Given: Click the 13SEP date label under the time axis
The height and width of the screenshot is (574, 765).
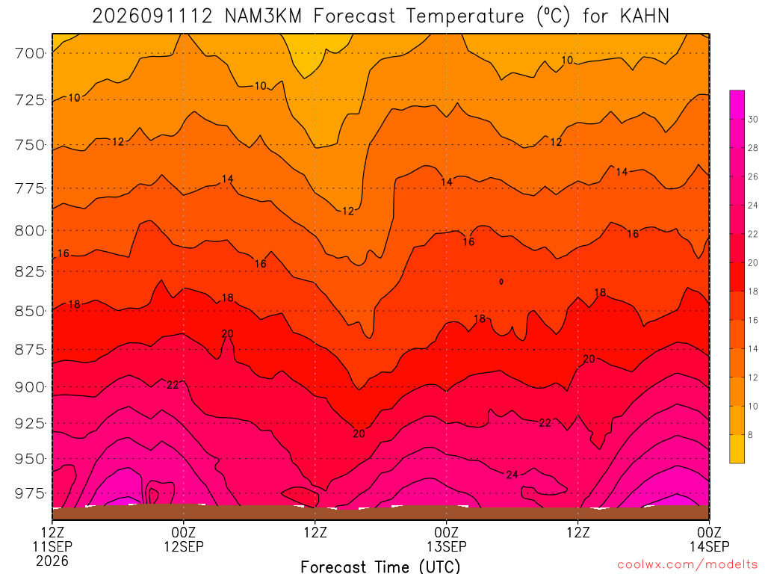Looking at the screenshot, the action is [x=447, y=546].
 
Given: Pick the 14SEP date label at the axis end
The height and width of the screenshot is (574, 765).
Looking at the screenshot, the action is [x=709, y=546].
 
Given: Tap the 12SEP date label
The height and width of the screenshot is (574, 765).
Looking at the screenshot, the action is [x=184, y=546].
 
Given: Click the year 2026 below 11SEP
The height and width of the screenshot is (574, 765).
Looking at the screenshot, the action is [x=52, y=561].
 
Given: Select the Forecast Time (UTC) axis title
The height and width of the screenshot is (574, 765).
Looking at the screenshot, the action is [x=380, y=567].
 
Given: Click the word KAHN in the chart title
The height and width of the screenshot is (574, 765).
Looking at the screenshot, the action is [x=645, y=16].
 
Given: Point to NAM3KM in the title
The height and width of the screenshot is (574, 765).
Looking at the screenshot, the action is [x=263, y=16].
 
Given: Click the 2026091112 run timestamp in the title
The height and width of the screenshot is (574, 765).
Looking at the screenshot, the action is [x=152, y=16].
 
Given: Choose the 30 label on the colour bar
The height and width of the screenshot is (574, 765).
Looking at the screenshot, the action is [x=753, y=119].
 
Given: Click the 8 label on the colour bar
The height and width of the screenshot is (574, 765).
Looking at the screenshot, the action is [x=750, y=434].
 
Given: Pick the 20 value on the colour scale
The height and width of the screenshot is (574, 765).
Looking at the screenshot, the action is [x=753, y=262].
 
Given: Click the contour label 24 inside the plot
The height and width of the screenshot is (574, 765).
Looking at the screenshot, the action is [x=512, y=475].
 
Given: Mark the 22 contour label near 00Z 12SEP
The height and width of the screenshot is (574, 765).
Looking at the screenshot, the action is [x=173, y=385].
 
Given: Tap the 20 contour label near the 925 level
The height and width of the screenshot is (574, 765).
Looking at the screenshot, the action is [x=359, y=433].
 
